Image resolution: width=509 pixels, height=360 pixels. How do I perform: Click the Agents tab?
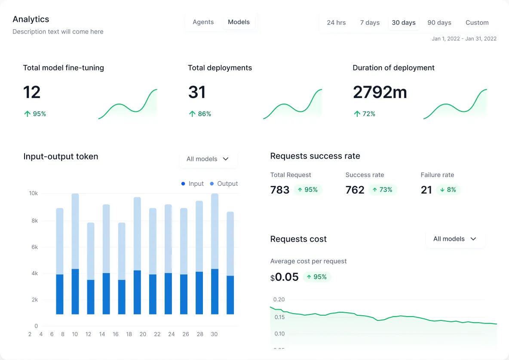(x=203, y=22)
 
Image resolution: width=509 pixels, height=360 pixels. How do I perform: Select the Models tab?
(x=239, y=22)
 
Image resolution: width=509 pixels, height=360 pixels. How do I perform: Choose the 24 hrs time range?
(x=336, y=23)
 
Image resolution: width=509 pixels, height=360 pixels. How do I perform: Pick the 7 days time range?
(x=370, y=23)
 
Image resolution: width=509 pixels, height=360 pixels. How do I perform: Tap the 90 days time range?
(x=439, y=23)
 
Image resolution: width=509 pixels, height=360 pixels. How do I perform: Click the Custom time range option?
(x=477, y=23)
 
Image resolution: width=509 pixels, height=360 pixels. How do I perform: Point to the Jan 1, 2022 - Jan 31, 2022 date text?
(x=464, y=39)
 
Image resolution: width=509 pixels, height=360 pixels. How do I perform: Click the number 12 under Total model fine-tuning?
(x=32, y=92)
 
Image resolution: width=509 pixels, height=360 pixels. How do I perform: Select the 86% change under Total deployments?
(x=200, y=114)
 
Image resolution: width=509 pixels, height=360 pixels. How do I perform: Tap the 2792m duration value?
(x=380, y=92)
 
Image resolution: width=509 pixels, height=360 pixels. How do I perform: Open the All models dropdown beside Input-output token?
(x=208, y=159)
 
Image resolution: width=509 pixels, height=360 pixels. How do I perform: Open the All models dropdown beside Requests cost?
(x=455, y=239)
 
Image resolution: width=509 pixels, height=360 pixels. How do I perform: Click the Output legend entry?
(x=224, y=184)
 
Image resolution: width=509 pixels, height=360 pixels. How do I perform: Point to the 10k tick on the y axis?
(x=33, y=194)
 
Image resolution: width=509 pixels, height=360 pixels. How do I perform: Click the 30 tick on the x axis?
(x=214, y=334)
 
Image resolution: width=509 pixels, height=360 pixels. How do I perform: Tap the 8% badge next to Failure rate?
(x=448, y=190)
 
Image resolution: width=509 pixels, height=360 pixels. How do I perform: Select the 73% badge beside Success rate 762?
(x=382, y=190)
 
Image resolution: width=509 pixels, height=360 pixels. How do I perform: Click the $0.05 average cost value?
(x=284, y=277)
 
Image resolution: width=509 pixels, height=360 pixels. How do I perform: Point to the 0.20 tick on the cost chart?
(x=279, y=300)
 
